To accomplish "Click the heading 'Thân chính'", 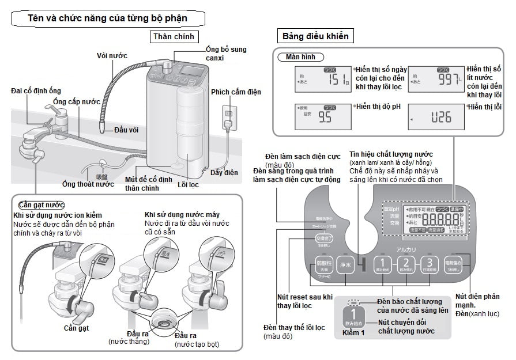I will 175,37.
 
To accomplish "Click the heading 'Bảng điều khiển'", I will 315,36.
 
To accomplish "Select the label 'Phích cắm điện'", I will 235,92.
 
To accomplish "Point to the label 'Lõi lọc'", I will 187,184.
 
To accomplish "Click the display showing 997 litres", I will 436,79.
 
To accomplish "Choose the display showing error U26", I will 436,118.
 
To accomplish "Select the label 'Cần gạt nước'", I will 41,205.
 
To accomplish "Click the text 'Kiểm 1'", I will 354,333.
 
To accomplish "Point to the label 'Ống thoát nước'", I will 88,184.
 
